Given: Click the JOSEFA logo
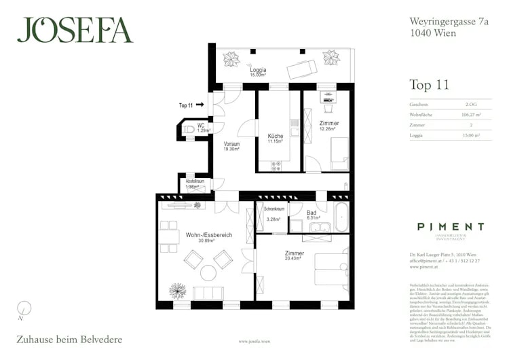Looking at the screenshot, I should [75, 30].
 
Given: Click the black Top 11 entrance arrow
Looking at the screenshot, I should [201, 105].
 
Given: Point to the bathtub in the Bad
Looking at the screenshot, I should [340, 218].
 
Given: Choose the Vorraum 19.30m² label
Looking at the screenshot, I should [233, 147].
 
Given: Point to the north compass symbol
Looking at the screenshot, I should [23, 308].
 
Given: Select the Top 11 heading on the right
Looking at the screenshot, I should [430, 85].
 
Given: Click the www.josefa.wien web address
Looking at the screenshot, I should [255, 342].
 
